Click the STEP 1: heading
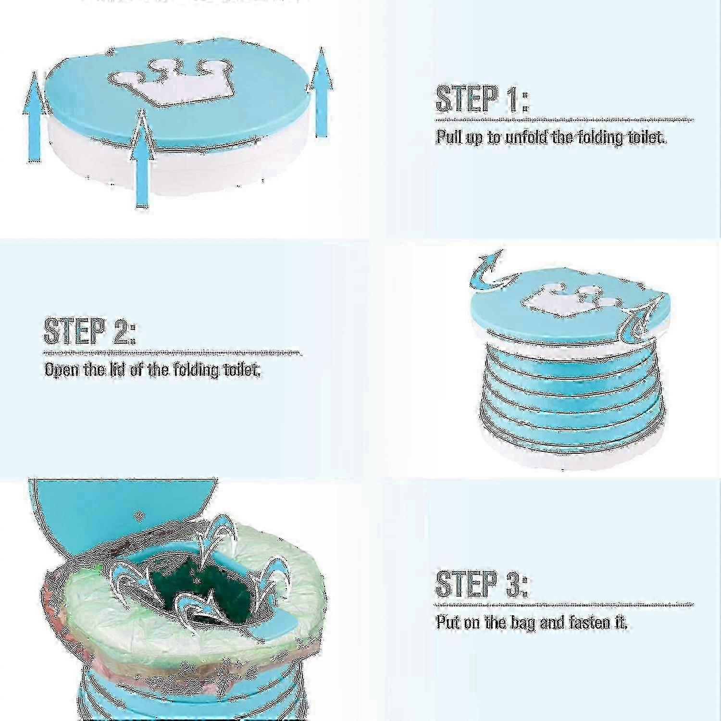[x=482, y=99]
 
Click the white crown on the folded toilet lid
[x=168, y=82]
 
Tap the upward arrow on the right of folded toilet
[x=321, y=91]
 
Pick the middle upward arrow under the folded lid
[x=142, y=159]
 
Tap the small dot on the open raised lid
[x=140, y=516]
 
